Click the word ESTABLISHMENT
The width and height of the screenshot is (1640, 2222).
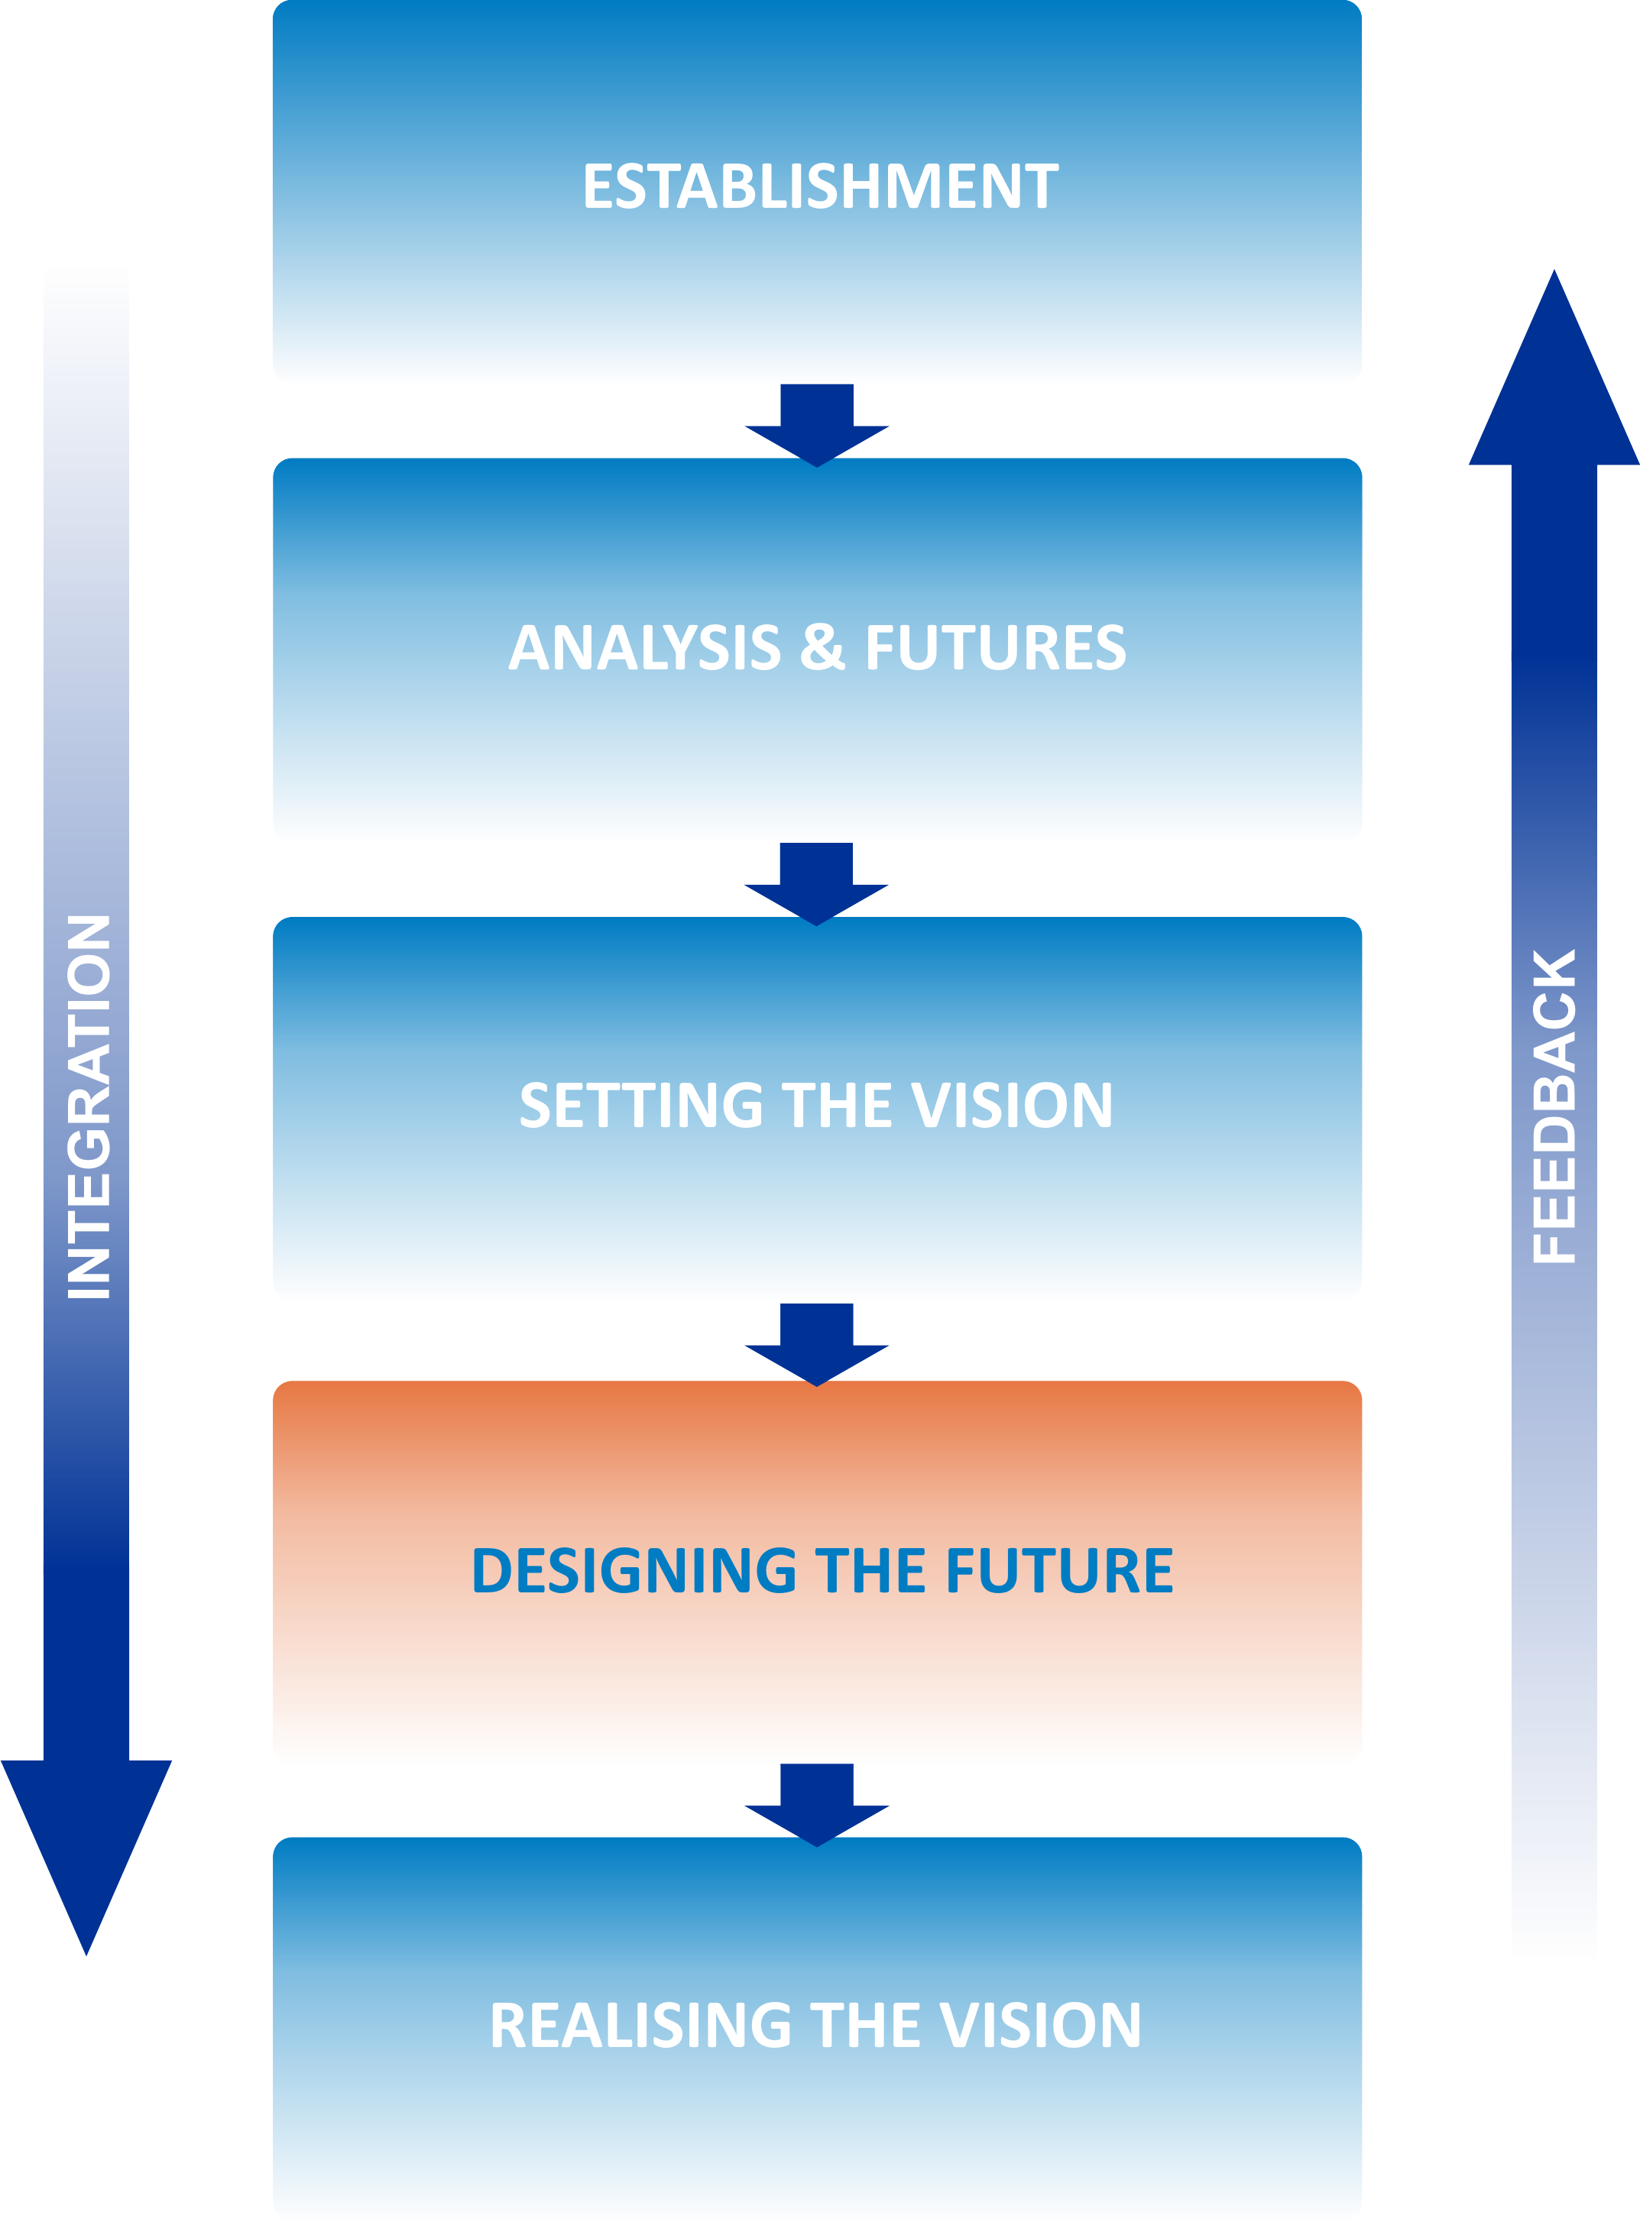pyautogui.click(x=820, y=186)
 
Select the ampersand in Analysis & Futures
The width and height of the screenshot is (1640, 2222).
pyautogui.click(x=822, y=647)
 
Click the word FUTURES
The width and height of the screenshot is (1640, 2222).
pyautogui.click(x=996, y=647)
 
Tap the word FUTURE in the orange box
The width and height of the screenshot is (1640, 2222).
pyautogui.click(x=1059, y=1570)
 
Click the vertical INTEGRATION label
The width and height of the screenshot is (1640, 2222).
pyautogui.click(x=89, y=1106)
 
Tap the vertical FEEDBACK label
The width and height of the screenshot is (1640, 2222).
pyautogui.click(x=1554, y=1106)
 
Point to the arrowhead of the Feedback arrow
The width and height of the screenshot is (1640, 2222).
pyautogui.click(x=1554, y=377)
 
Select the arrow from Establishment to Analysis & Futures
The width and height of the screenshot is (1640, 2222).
pyautogui.click(x=817, y=425)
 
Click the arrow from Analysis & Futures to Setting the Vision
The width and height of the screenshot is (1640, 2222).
pyautogui.click(x=816, y=883)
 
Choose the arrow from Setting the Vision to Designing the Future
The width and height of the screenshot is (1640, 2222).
pyautogui.click(x=817, y=1344)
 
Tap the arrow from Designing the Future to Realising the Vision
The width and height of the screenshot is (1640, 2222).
pyautogui.click(x=817, y=1804)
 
